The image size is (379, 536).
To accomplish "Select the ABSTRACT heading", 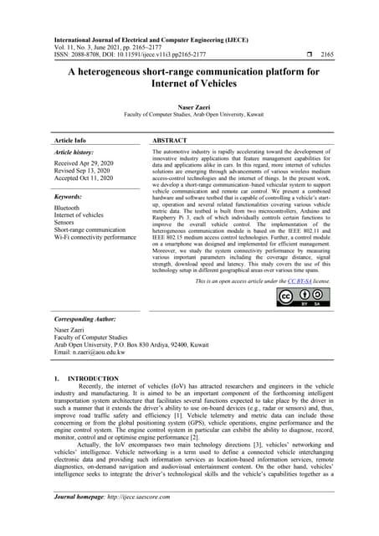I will click(x=175, y=140).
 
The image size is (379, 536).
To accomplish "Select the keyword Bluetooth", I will click(x=67, y=207).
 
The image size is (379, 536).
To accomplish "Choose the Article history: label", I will click(x=74, y=154).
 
